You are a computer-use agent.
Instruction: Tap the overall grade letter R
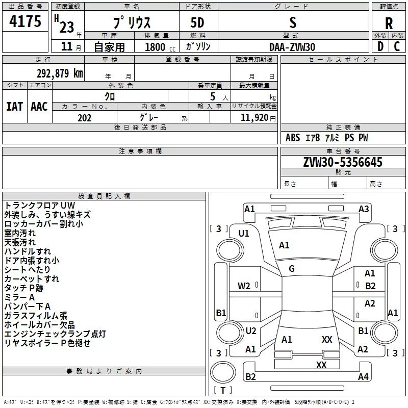point(389,23)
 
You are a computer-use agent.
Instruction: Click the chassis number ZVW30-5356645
point(342,162)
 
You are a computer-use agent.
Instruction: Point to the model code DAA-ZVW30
point(292,47)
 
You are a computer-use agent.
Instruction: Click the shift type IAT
point(14,107)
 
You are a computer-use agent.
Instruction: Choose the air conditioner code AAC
point(39,107)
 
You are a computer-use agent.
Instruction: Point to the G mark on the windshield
point(291,269)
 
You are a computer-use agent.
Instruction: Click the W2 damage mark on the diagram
point(244,286)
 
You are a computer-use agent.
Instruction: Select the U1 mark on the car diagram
point(244,234)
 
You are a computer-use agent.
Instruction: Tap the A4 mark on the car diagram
point(363,377)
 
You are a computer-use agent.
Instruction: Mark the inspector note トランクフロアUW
point(39,205)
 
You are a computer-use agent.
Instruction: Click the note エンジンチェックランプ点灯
point(55,334)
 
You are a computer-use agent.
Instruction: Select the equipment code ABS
point(293,138)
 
